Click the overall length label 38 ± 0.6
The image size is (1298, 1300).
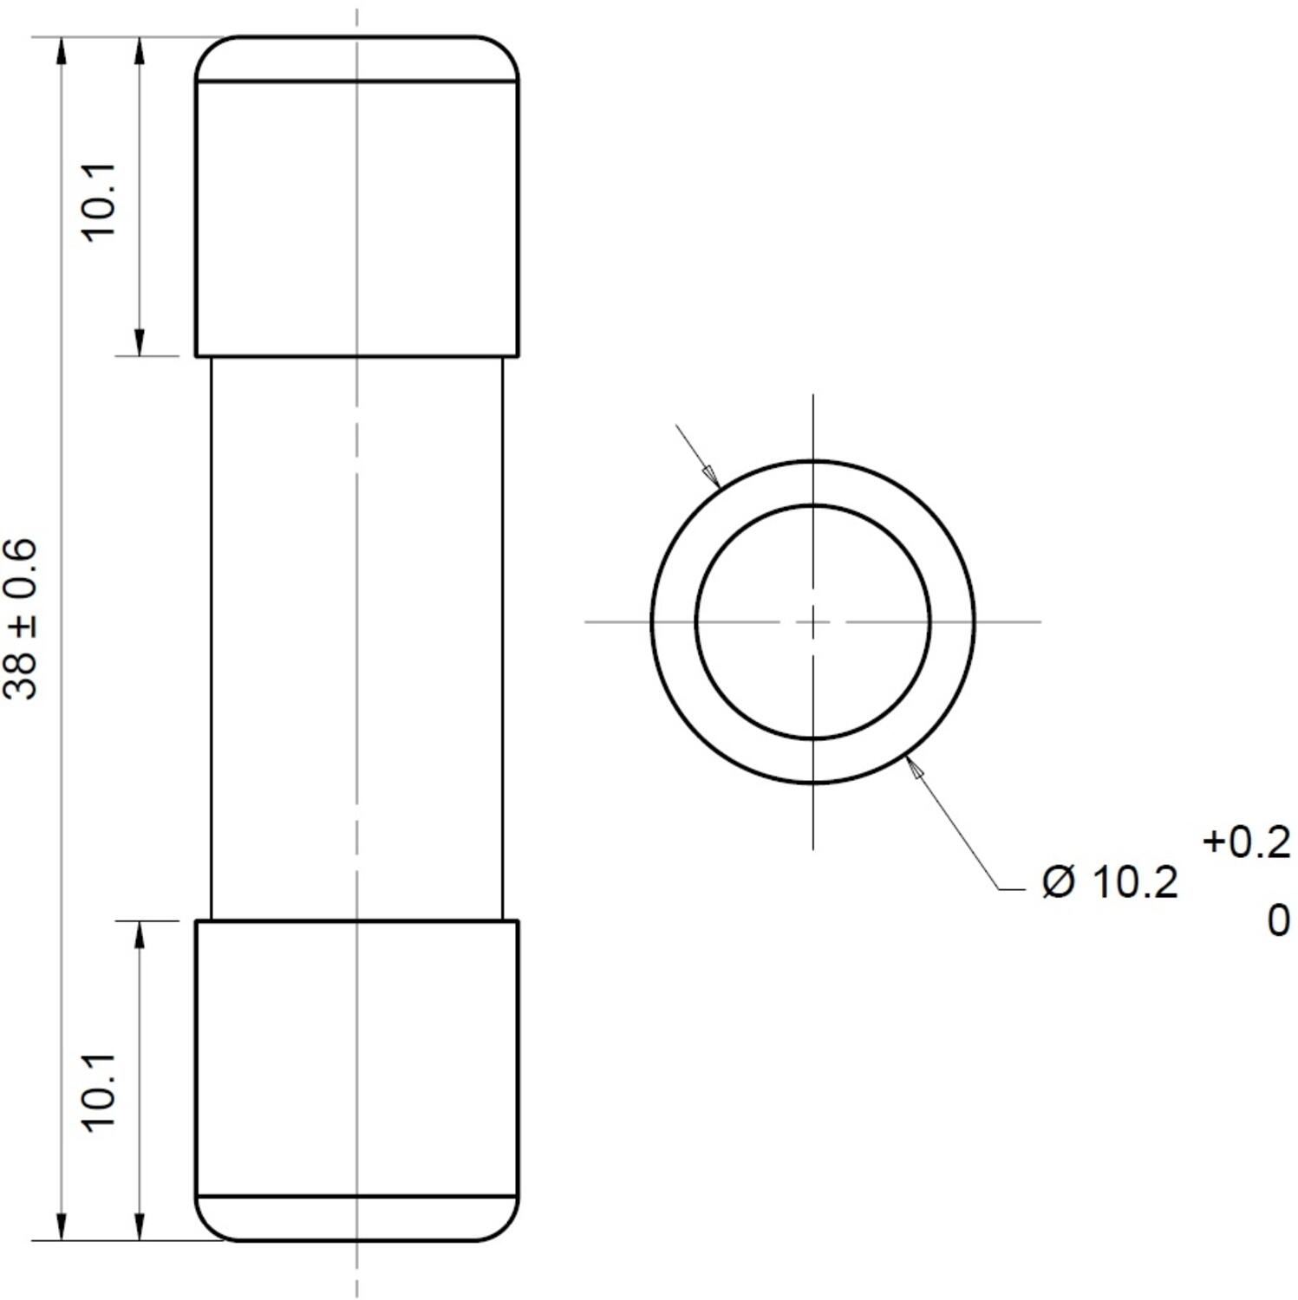point(21,619)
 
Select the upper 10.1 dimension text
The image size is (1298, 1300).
point(98,202)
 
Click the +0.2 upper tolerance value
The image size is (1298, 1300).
point(1246,842)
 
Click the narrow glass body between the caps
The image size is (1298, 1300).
point(356,637)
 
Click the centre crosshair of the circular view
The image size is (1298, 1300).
point(812,621)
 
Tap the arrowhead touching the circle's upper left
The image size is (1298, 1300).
point(711,476)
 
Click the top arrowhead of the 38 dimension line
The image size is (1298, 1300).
point(60,53)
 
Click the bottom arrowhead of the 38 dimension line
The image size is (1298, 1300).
point(60,1225)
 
